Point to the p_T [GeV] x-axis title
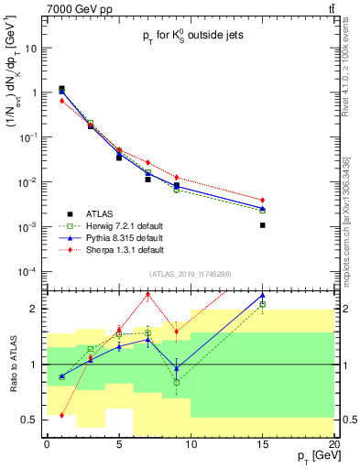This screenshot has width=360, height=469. click(x=312, y=455)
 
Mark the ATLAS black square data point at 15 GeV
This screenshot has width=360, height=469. click(x=263, y=224)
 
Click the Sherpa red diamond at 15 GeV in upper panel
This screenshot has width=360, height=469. click(x=263, y=200)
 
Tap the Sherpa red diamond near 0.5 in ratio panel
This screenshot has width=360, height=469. click(x=61, y=415)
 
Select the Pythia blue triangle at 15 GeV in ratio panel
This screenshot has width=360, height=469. click(x=263, y=296)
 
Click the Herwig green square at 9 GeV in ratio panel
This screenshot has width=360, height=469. click(x=177, y=382)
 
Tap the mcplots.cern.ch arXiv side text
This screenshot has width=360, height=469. click(x=353, y=220)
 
